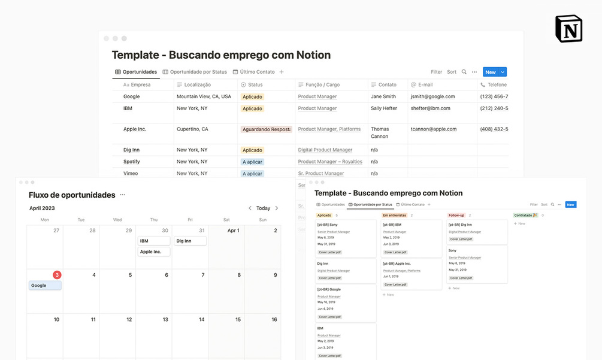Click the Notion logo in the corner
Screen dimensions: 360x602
568,29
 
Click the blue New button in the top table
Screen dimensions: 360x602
491,72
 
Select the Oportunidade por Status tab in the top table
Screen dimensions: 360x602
198,72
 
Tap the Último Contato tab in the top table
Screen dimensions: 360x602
257,72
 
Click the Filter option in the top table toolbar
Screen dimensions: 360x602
436,72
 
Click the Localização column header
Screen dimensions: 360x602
197,85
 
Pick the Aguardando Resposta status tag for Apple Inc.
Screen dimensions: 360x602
266,129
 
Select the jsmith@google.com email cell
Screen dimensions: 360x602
432,96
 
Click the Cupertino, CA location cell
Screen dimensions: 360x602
192,129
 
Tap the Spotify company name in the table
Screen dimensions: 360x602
132,162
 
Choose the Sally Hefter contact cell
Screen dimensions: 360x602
383,108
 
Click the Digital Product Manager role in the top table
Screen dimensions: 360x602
325,150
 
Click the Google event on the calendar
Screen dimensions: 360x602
45,286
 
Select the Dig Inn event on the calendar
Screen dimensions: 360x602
190,241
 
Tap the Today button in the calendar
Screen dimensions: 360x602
263,208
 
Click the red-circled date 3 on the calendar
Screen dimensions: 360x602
57,275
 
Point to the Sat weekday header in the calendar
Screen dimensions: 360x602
226,220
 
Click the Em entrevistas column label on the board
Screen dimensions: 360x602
394,215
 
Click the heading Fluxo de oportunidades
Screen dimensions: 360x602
72,195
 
